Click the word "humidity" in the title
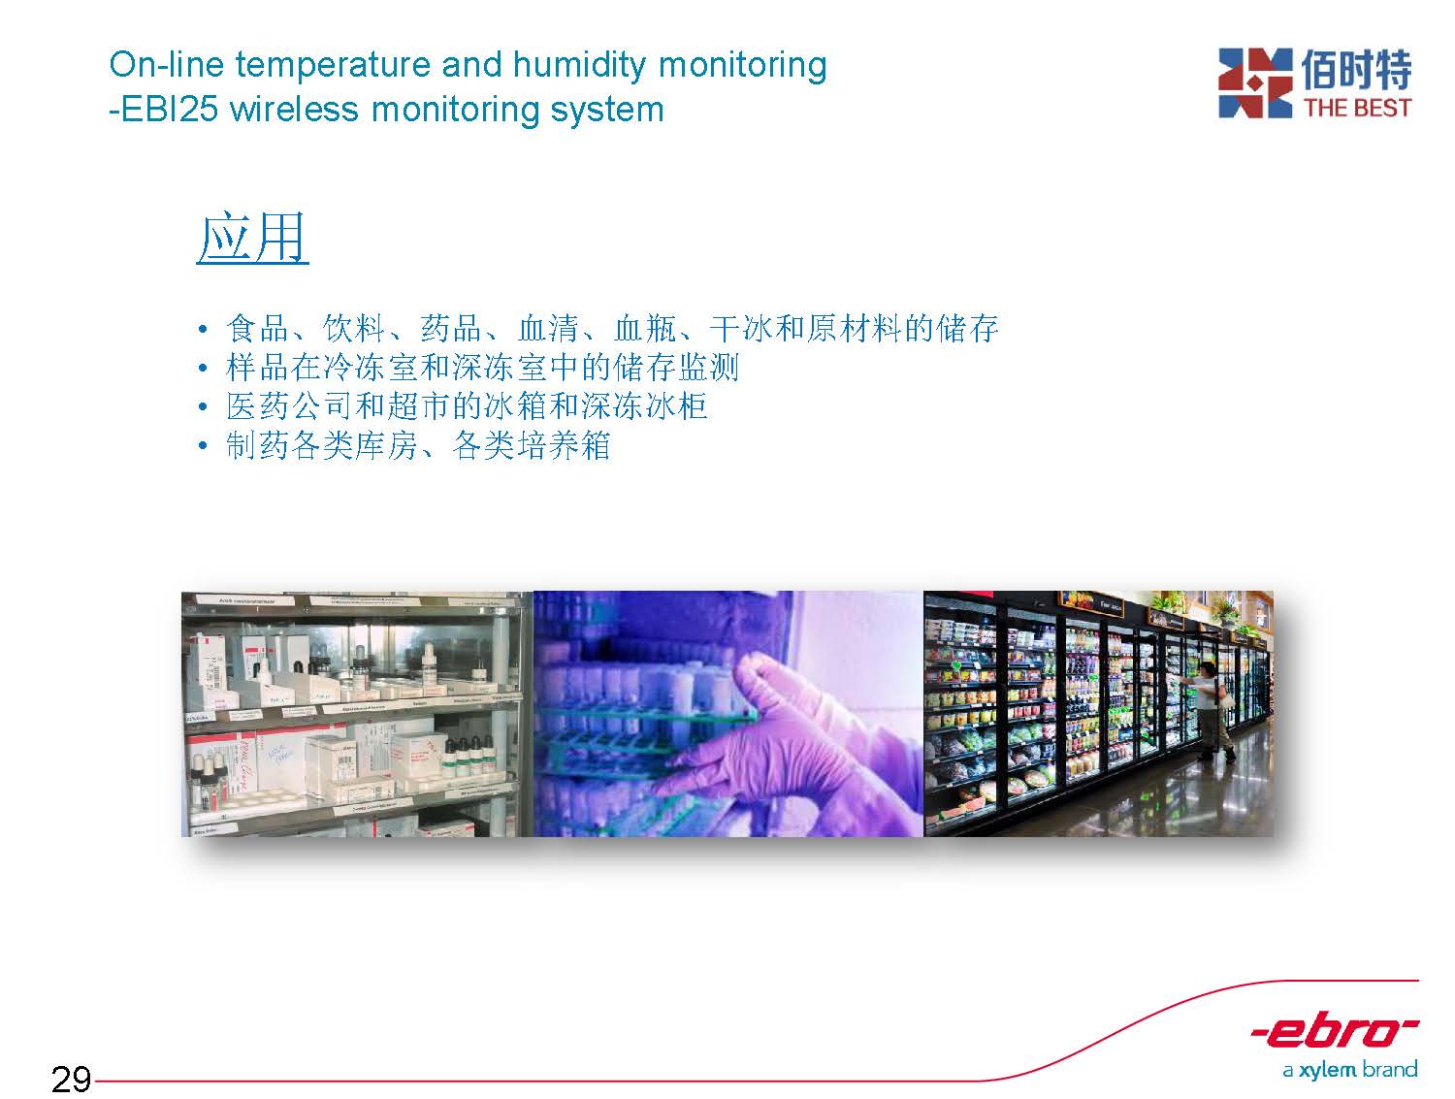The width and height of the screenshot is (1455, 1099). tap(579, 66)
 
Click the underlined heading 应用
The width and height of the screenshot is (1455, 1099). tap(252, 238)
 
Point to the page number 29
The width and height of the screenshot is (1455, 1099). tap(71, 1079)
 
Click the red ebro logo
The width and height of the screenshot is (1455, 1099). tap(1335, 1032)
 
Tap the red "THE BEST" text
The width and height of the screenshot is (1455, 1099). tap(1358, 108)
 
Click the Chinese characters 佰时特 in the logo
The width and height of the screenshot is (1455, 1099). tap(1356, 69)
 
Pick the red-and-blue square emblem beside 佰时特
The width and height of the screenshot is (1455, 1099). tap(1255, 82)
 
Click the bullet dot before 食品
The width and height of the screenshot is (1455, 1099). tap(203, 330)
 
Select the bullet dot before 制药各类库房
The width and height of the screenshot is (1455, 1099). tap(203, 445)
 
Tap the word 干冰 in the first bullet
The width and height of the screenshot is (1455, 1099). tap(741, 328)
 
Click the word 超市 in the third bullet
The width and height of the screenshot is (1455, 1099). tap(419, 405)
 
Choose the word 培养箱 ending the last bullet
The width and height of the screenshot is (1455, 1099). tap(564, 445)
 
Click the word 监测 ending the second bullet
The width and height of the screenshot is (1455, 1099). tap(709, 368)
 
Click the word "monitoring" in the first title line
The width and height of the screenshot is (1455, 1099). tap(742, 66)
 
